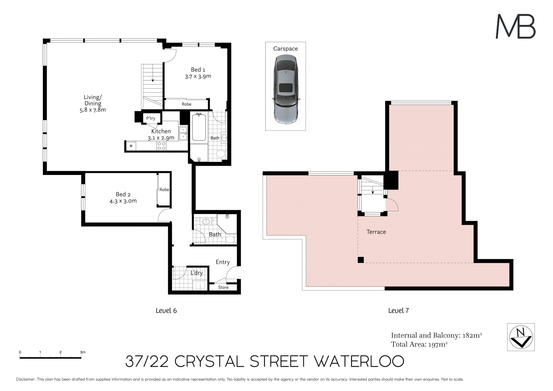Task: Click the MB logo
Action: pyautogui.click(x=516, y=27)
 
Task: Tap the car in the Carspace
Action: pyautogui.click(x=285, y=90)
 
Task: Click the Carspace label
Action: pyautogui.click(x=285, y=49)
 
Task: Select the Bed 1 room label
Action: pyautogui.click(x=198, y=69)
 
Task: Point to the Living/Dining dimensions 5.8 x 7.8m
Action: pyautogui.click(x=93, y=110)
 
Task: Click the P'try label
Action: pyautogui.click(x=151, y=118)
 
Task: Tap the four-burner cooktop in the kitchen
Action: pyautogui.click(x=161, y=146)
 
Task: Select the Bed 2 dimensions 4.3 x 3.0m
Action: pyautogui.click(x=123, y=201)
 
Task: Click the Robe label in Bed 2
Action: pyautogui.click(x=164, y=189)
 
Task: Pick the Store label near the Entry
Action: pyautogui.click(x=223, y=287)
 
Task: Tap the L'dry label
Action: pyautogui.click(x=197, y=273)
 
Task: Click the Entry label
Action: pyautogui.click(x=223, y=262)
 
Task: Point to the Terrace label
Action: pyautogui.click(x=376, y=232)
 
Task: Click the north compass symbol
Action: pyautogui.click(x=521, y=337)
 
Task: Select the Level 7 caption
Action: pyautogui.click(x=399, y=311)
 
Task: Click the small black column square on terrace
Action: pyautogui.click(x=361, y=260)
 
